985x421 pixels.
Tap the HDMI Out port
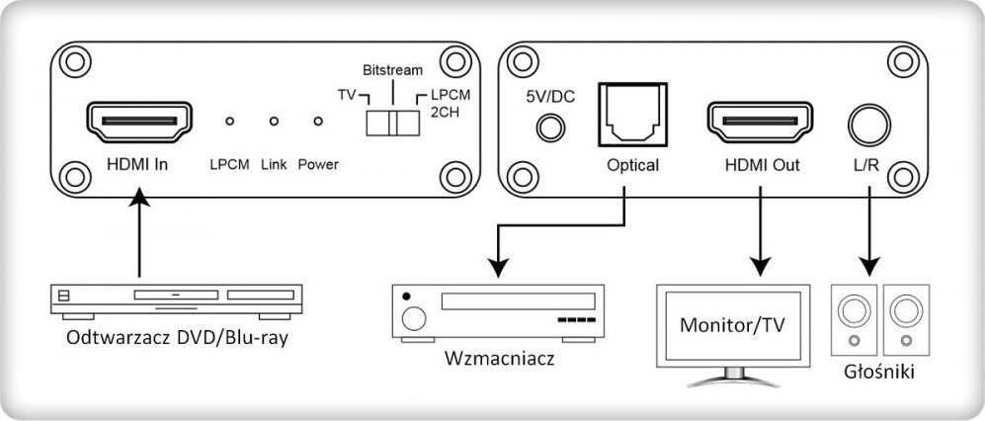[x=756, y=123]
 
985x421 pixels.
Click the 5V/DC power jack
[x=550, y=127]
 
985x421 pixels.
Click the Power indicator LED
[x=317, y=122]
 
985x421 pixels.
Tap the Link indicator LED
[x=274, y=122]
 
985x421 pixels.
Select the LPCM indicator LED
[x=229, y=122]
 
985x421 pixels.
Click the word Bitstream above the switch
[x=392, y=71]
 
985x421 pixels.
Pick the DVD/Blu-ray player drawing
[x=174, y=298]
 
